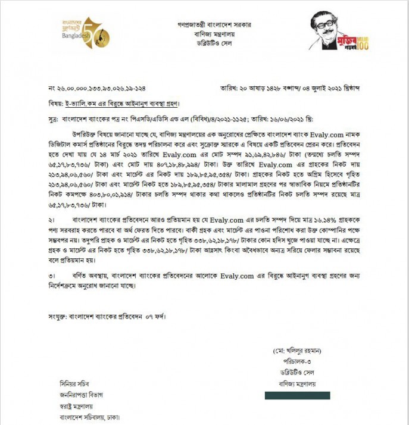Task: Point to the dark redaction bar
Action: (x=297, y=395)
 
